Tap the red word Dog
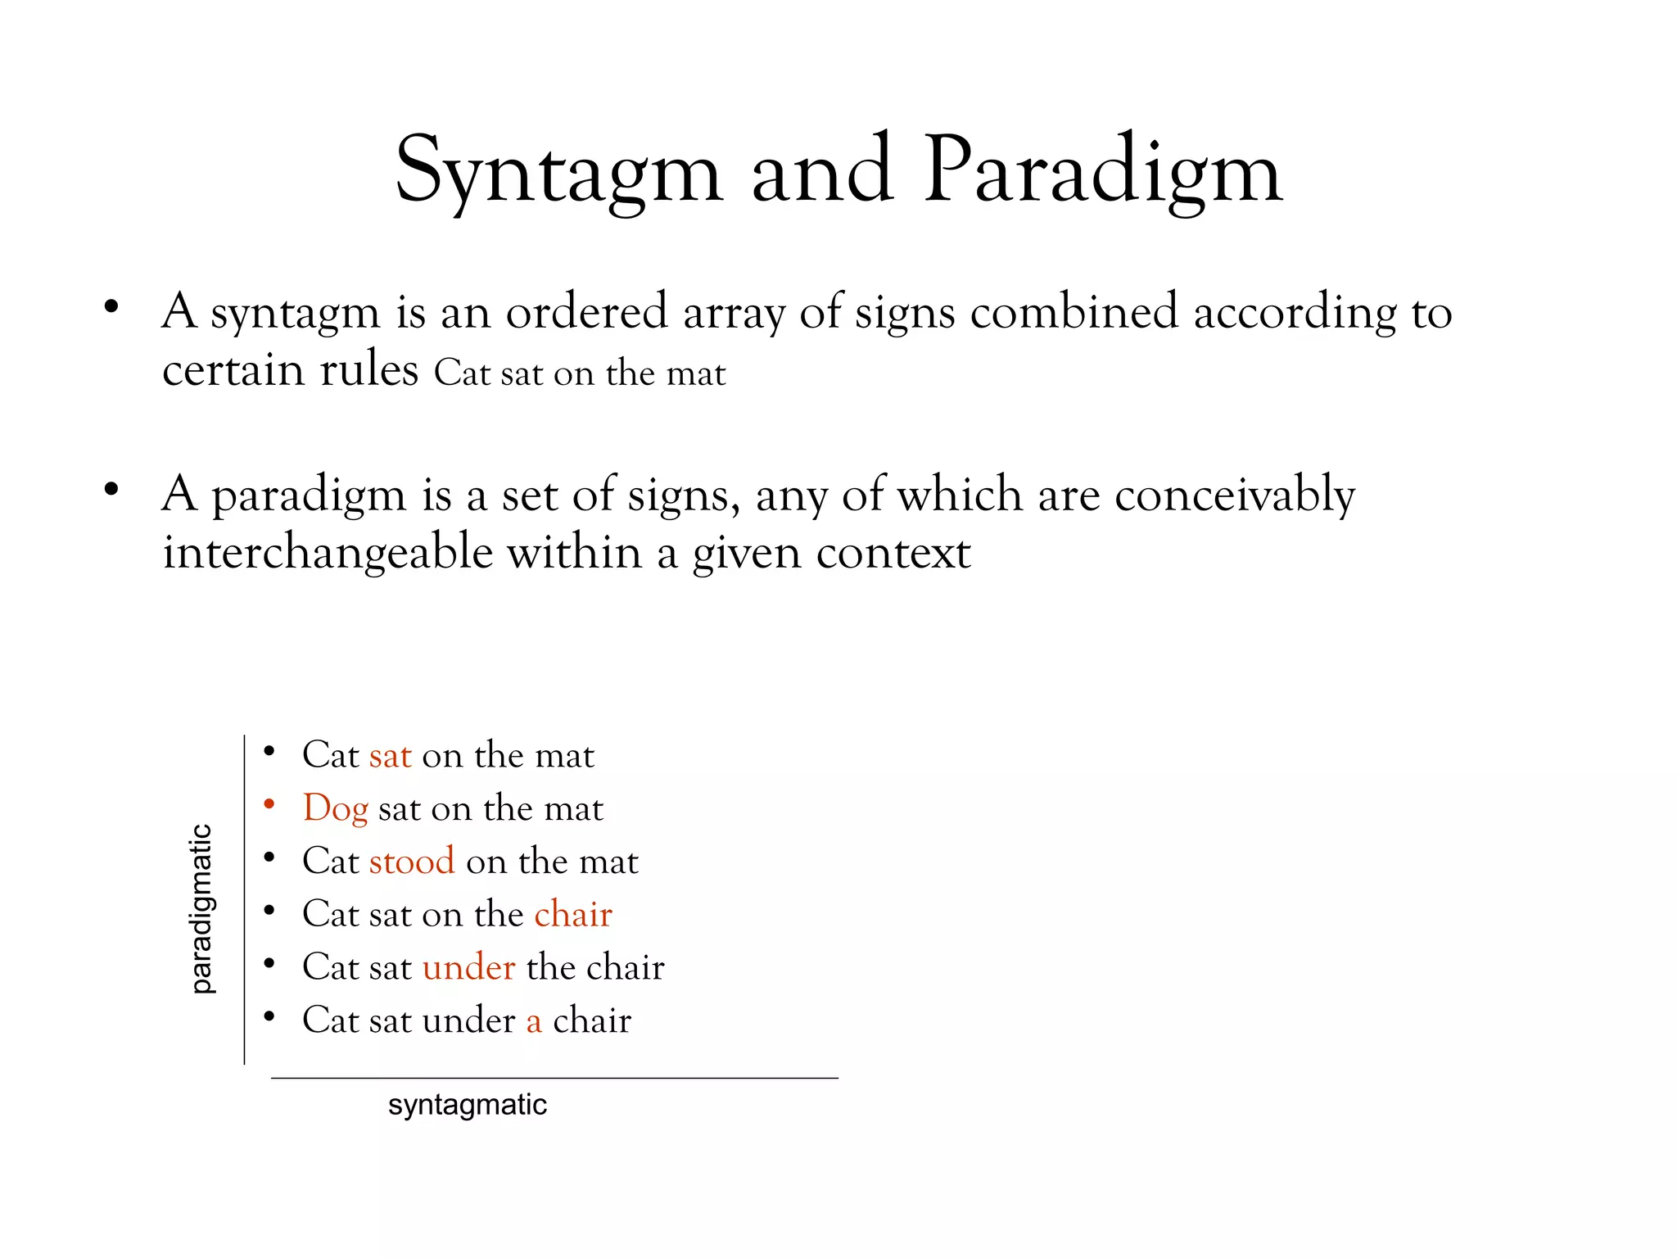pos(336,808)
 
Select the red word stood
pos(412,861)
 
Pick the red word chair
pos(573,914)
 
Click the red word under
pos(469,967)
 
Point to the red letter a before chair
pos(534,1020)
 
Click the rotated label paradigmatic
pos(201,908)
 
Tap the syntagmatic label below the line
pos(467,1105)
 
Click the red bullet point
pos(269,804)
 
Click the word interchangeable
pos(328,552)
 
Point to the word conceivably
pos(1235,496)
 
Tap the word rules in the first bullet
pos(369,370)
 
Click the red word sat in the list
pos(390,755)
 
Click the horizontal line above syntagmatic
pos(554,1078)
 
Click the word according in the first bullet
pos(1295,312)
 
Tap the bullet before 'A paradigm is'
pos(111,490)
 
